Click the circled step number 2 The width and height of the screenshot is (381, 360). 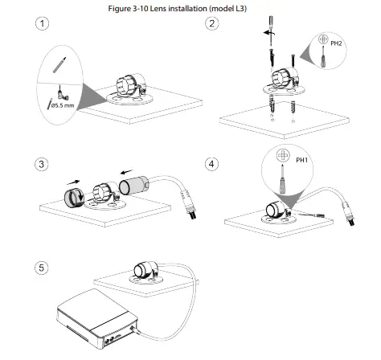211,24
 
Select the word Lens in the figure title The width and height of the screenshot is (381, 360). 171,7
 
